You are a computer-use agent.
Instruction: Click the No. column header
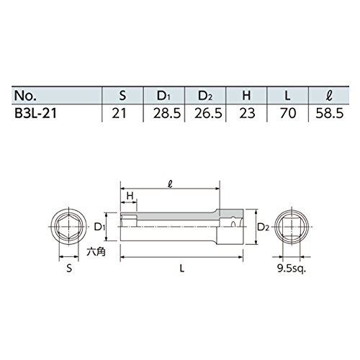click(26, 96)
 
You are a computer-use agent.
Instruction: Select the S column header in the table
click(122, 96)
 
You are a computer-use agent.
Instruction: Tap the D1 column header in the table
click(163, 96)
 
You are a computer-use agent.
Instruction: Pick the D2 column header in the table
click(205, 96)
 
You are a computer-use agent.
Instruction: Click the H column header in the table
click(246, 96)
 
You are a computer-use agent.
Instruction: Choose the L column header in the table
click(287, 96)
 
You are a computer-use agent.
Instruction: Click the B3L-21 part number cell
click(35, 113)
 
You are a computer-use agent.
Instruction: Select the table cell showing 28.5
click(167, 113)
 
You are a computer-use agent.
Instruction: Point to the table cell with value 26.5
click(208, 113)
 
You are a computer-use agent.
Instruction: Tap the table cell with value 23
click(247, 113)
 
